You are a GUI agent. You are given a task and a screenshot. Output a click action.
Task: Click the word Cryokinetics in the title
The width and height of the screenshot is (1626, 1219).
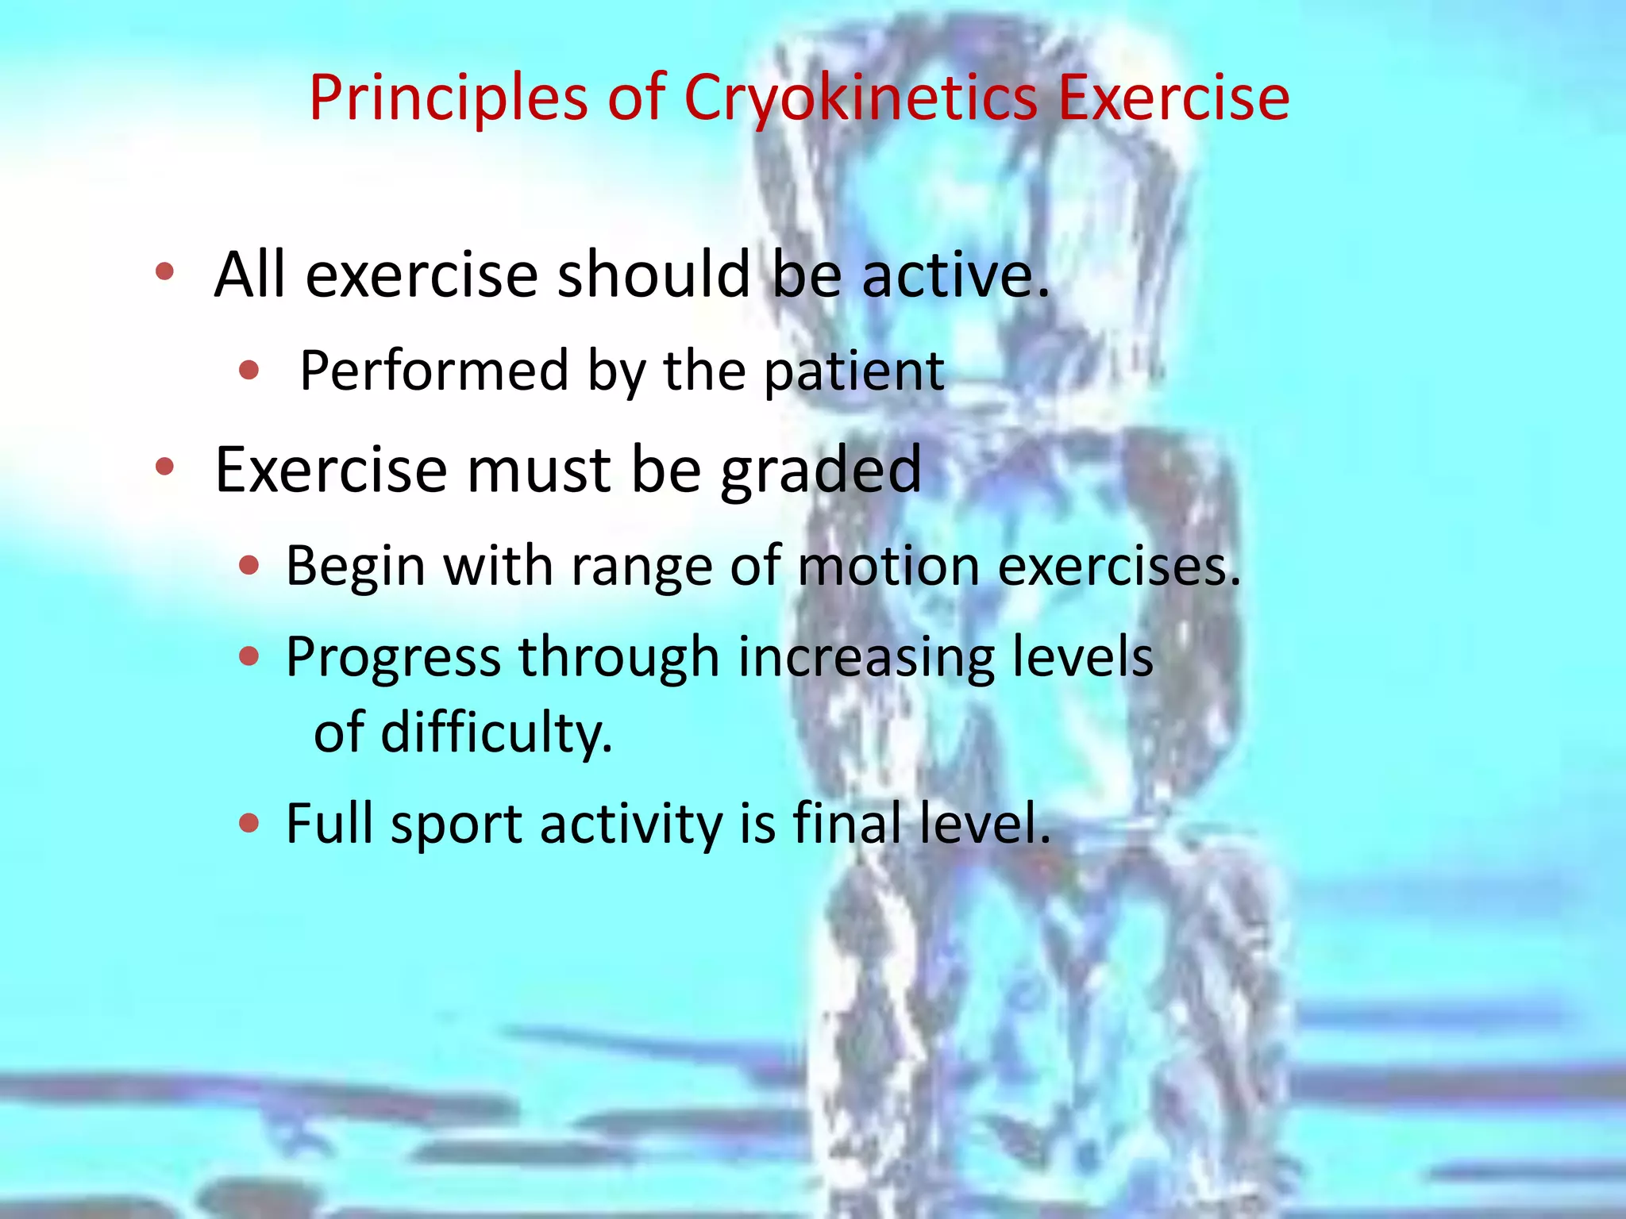coord(861,98)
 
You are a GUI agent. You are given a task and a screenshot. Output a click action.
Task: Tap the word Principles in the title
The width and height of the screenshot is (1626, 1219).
coord(448,98)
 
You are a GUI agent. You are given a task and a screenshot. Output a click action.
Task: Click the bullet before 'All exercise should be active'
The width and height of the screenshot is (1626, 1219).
coord(164,272)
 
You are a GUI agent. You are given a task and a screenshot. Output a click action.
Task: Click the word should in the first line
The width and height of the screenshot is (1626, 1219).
coord(653,275)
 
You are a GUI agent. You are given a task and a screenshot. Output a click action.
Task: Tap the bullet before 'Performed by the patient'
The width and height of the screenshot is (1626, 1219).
coord(249,369)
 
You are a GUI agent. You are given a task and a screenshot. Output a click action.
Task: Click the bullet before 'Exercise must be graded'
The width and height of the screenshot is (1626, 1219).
coord(164,467)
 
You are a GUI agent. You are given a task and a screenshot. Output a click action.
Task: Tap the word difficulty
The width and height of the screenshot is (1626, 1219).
coord(496,733)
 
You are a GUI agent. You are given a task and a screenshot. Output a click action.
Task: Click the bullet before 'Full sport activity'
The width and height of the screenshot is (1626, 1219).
coord(249,823)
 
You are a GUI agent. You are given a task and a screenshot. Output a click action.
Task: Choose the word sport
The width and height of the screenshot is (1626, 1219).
coord(456,825)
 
